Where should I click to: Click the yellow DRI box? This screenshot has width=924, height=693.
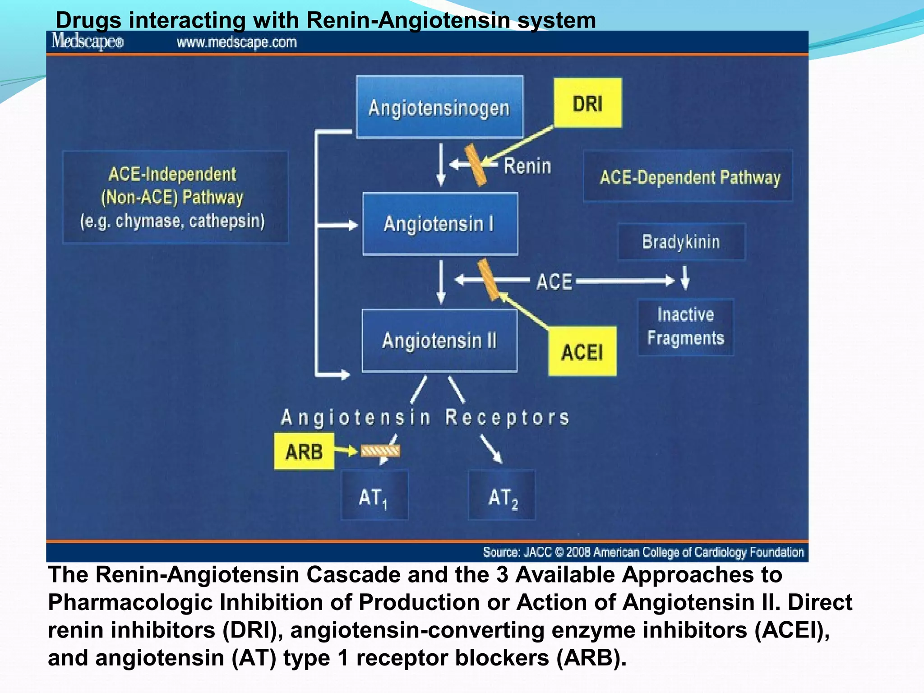pos(587,103)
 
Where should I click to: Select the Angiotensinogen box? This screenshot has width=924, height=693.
pos(439,107)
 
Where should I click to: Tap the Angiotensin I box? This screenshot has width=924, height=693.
pos(440,224)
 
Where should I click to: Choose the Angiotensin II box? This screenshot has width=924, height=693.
pos(439,341)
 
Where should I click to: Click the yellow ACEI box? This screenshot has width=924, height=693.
pos(582,351)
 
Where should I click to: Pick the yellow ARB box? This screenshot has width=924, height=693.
pos(304,451)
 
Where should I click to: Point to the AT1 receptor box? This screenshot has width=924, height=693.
pos(374,495)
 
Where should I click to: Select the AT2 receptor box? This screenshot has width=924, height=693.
pos(502,495)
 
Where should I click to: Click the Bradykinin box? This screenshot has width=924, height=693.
pos(681,242)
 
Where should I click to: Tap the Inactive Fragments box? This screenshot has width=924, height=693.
pos(685,327)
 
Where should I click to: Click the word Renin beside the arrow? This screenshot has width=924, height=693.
pos(527,166)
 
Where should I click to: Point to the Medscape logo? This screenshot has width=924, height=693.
pos(87,42)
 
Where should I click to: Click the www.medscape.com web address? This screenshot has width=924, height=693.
pos(236,42)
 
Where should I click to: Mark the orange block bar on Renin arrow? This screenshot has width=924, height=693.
pos(476,165)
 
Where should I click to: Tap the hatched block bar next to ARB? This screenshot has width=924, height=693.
pos(380,450)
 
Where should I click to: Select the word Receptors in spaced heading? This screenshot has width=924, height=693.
pos(507,417)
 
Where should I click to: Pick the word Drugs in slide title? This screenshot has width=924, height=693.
pos(88,20)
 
